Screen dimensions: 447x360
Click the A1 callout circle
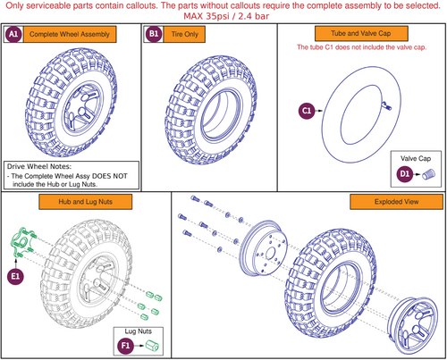pyautogui.click(x=13, y=34)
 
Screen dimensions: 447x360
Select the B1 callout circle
pyautogui.click(x=154, y=34)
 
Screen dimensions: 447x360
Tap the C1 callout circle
pyautogui.click(x=307, y=111)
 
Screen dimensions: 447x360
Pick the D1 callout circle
pyautogui.click(x=404, y=174)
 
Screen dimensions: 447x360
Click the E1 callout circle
pyautogui.click(x=15, y=277)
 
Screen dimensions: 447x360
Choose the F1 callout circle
pyautogui.click(x=125, y=346)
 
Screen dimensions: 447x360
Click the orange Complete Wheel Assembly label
pyautogui.click(x=70, y=34)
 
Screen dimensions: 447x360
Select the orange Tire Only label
pyautogui.click(x=184, y=34)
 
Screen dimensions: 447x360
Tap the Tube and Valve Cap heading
pyautogui.click(x=361, y=33)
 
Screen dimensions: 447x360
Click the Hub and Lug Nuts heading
pyautogui.click(x=85, y=202)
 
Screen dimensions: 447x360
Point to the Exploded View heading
pyautogui.click(x=396, y=202)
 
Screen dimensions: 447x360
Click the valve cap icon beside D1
pyautogui.click(x=429, y=174)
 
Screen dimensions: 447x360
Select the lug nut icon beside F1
pyautogui.click(x=152, y=346)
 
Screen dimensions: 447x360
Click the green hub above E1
pyautogui.click(x=23, y=242)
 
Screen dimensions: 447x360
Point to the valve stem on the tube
pyautogui.click(x=386, y=105)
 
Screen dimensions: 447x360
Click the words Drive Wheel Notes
pyautogui.click(x=39, y=166)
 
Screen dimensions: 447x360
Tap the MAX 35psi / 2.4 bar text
pyautogui.click(x=226, y=16)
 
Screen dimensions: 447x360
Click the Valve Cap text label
pyautogui.click(x=416, y=158)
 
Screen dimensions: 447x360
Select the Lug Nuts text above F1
pyautogui.click(x=139, y=331)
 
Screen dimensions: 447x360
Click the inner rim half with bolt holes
pyautogui.click(x=264, y=247)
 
